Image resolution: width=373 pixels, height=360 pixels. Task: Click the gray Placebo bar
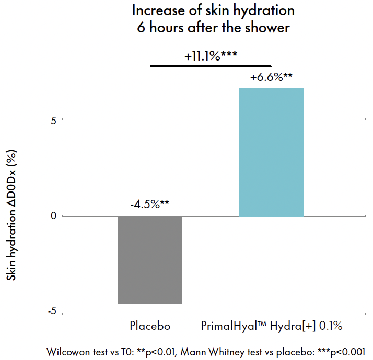coord(150,260)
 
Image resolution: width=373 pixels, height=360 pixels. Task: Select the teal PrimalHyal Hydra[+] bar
coord(271,152)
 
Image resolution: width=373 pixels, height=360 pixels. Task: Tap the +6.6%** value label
coord(271,78)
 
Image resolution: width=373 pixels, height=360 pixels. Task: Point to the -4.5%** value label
coord(150,204)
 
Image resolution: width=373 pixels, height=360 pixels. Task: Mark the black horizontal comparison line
coord(211,66)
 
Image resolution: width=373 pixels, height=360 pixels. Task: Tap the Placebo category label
coord(150,327)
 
